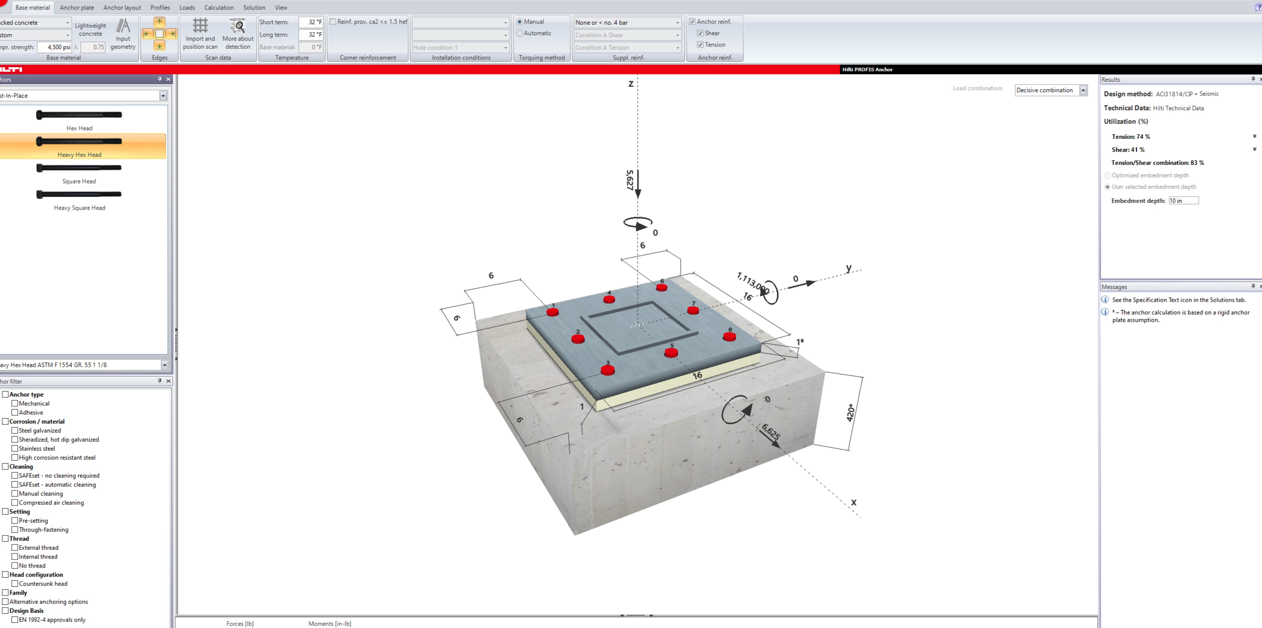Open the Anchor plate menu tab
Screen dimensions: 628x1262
click(77, 7)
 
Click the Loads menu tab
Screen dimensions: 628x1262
click(187, 7)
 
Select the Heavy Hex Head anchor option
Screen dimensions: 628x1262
click(79, 146)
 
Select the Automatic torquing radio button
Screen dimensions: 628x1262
click(520, 33)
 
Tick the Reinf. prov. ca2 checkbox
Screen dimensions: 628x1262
click(333, 22)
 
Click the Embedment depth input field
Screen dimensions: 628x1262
click(1183, 201)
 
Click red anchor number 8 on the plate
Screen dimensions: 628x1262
click(729, 336)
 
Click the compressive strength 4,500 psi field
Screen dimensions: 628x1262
click(59, 47)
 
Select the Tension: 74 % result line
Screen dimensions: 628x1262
click(1131, 137)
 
